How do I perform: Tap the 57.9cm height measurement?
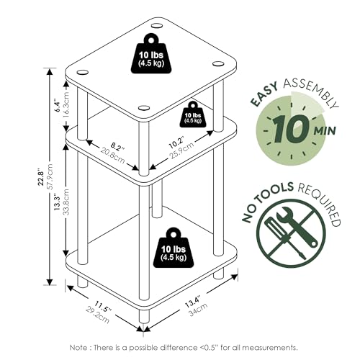click(50, 176)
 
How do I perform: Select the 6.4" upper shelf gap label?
click(57, 105)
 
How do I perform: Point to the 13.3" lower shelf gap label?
click(57, 202)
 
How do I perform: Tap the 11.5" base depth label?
click(102, 307)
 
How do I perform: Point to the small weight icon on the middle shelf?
click(193, 114)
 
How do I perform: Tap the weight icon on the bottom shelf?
click(174, 248)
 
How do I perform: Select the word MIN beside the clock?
click(325, 131)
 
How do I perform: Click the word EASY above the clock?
click(264, 94)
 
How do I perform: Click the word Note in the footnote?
click(78, 347)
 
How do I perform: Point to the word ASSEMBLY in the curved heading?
click(311, 91)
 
